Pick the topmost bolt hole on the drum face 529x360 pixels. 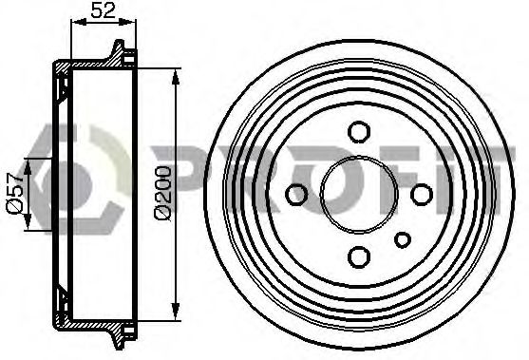pyautogui.click(x=359, y=132)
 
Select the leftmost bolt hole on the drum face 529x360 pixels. pyautogui.click(x=297, y=195)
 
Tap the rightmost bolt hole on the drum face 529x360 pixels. pyautogui.click(x=422, y=195)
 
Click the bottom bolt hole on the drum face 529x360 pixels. pyautogui.click(x=359, y=256)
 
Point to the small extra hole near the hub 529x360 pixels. pyautogui.click(x=403, y=238)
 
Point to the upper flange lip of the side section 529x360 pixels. pyautogui.click(x=120, y=49)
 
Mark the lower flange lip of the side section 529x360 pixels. pyautogui.click(x=120, y=337)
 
